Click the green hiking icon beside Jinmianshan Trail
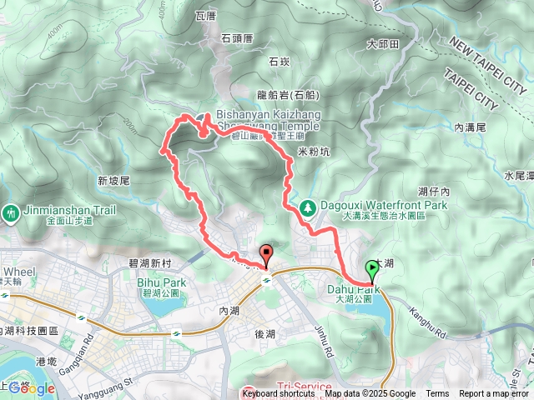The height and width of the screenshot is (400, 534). [10, 213]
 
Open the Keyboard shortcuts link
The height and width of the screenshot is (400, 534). [279, 394]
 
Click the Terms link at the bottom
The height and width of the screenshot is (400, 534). [437, 394]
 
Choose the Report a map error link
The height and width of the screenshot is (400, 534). [494, 394]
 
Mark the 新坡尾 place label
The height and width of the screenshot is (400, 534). [113, 180]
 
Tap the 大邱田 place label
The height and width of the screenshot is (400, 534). [383, 43]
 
